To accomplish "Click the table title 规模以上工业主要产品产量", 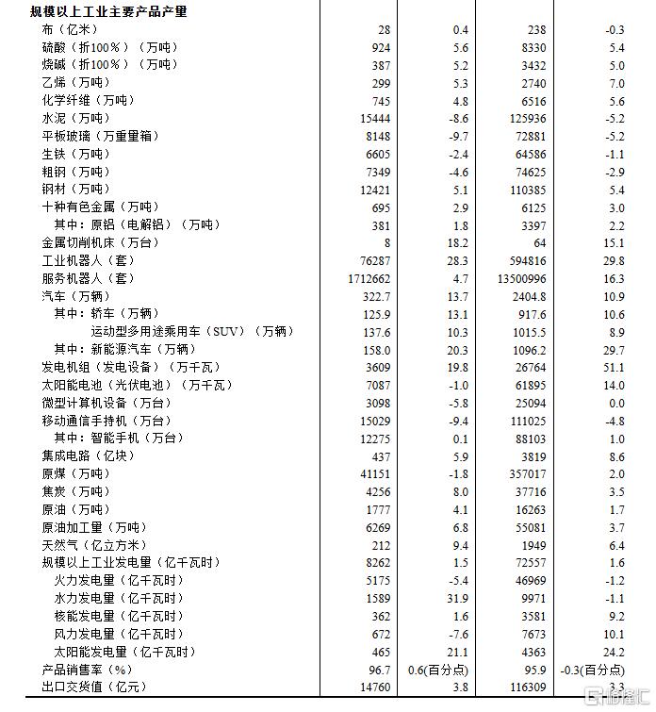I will pos(108,12).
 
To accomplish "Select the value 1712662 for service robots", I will pos(369,278).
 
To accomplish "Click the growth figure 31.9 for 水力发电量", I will pos(455,598).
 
